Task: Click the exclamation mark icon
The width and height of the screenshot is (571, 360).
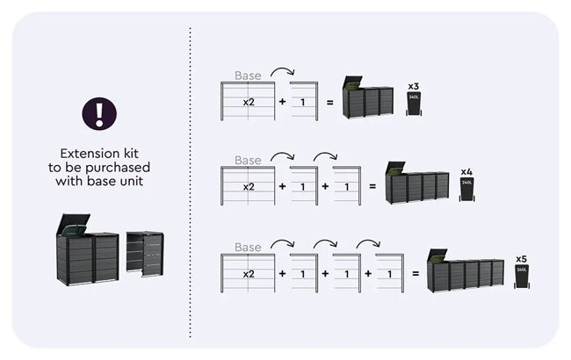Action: tap(99, 113)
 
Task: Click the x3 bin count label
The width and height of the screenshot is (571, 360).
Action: tap(414, 86)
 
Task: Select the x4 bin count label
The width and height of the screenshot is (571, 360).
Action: tap(466, 171)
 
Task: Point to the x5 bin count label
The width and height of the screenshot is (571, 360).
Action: tap(521, 259)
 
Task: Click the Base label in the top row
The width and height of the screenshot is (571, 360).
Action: tap(248, 76)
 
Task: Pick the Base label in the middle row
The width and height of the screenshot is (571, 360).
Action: tap(248, 161)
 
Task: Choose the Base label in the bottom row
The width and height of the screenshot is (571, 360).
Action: tap(248, 248)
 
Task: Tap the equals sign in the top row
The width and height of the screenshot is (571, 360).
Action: tap(329, 102)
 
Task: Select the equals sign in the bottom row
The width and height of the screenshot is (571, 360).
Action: tap(416, 274)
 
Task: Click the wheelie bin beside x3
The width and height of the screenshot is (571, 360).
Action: tap(414, 104)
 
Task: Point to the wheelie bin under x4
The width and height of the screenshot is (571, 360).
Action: tap(466, 188)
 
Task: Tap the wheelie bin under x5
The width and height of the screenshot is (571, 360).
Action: tap(521, 277)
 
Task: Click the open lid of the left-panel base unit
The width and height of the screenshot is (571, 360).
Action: tap(72, 225)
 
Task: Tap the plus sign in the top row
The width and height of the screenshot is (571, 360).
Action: tap(282, 102)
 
